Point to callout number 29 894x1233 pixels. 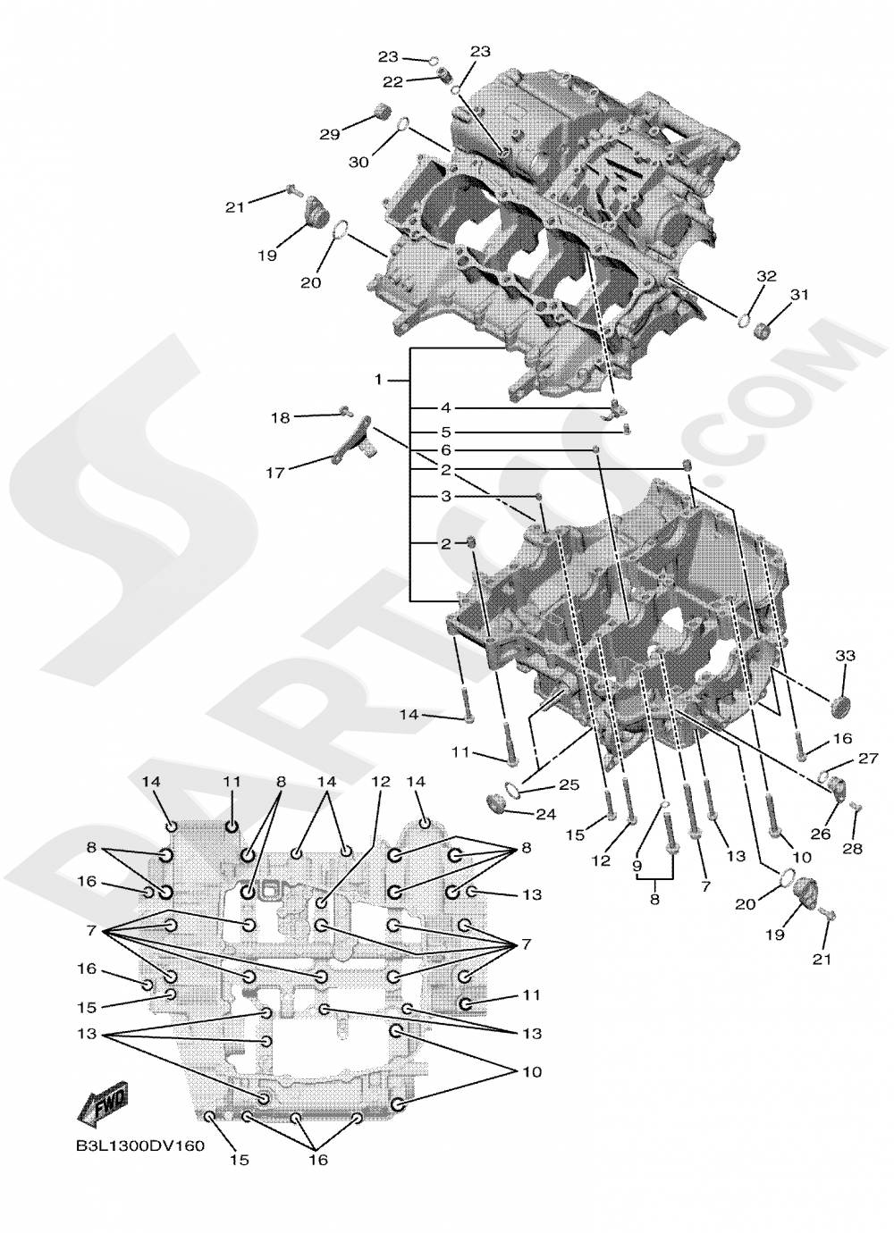click(x=331, y=134)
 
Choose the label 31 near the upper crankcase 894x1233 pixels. click(x=798, y=295)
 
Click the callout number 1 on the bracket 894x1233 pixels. click(x=378, y=380)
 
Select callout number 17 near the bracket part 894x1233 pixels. click(x=275, y=473)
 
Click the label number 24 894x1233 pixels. click(x=545, y=815)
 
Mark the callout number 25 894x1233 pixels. click(x=569, y=784)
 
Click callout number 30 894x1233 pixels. click(x=358, y=162)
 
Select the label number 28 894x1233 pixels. click(x=852, y=848)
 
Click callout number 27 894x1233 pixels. click(x=869, y=759)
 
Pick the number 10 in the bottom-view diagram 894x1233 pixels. click(x=532, y=1070)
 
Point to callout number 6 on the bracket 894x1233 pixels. click(x=445, y=449)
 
